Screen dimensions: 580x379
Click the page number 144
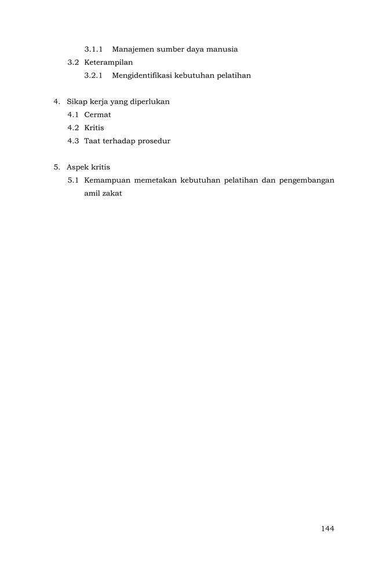[x=327, y=528]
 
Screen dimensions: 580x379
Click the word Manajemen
[x=133, y=49]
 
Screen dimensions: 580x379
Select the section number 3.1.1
[x=93, y=49]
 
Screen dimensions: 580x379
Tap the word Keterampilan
[x=108, y=62]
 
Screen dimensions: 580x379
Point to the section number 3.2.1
[x=93, y=75]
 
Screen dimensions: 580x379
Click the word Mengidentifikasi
[x=142, y=75]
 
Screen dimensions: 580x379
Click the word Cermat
[x=97, y=115]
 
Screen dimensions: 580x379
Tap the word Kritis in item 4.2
[x=94, y=128]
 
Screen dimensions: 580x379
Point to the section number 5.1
[x=73, y=180]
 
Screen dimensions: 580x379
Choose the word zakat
[x=111, y=193]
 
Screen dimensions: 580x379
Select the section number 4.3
[x=73, y=141]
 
